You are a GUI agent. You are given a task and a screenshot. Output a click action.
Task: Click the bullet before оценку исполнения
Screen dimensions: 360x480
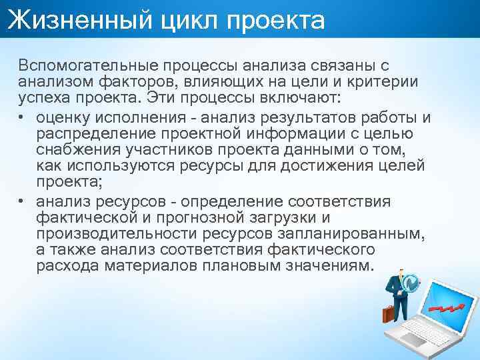pos(23,119)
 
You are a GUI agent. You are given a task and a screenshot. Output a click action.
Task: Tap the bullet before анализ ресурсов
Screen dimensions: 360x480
pos(23,201)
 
